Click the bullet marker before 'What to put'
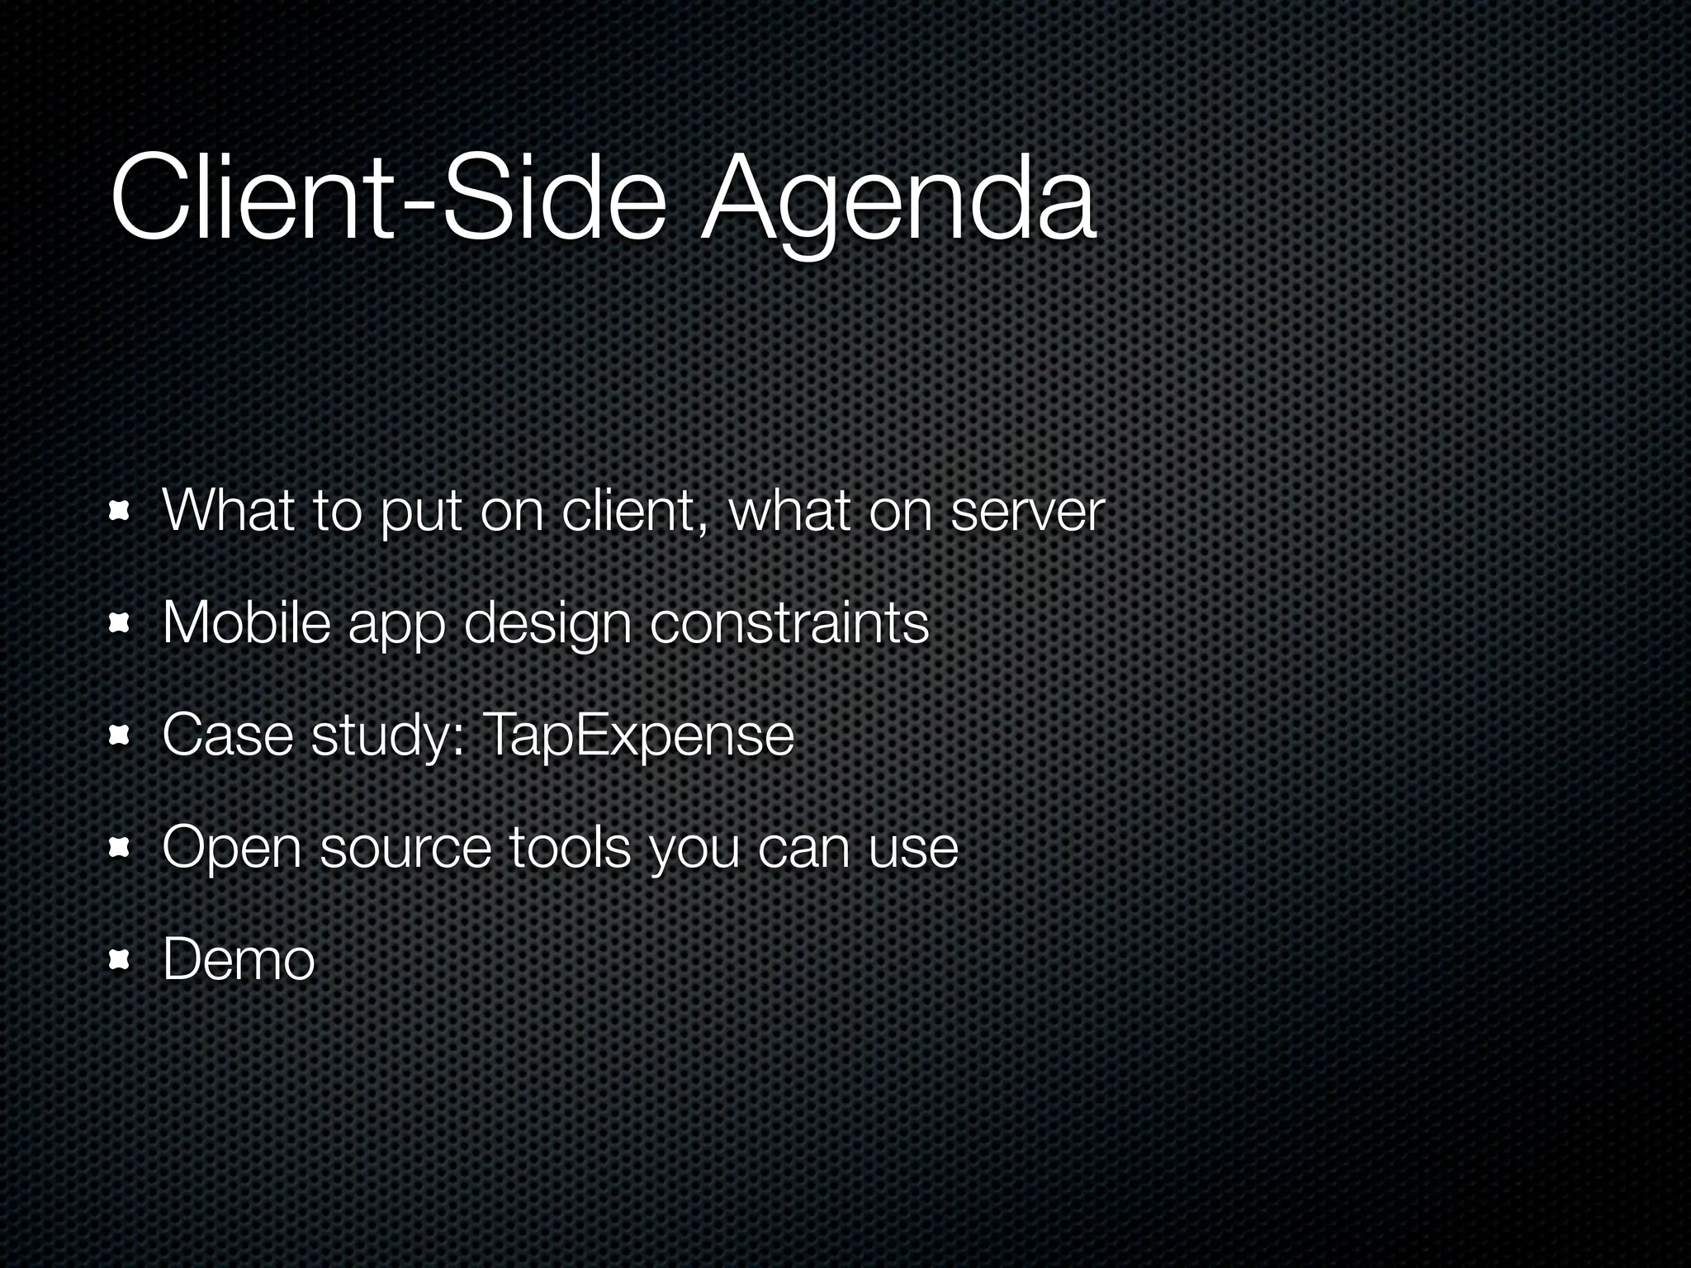121,513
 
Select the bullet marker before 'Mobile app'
121,625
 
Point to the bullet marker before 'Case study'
121,736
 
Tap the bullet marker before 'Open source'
121,848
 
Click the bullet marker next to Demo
121,959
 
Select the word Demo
239,959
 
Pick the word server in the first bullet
1027,512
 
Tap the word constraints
789,625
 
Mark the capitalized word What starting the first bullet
228,512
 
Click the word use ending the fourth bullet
912,848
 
